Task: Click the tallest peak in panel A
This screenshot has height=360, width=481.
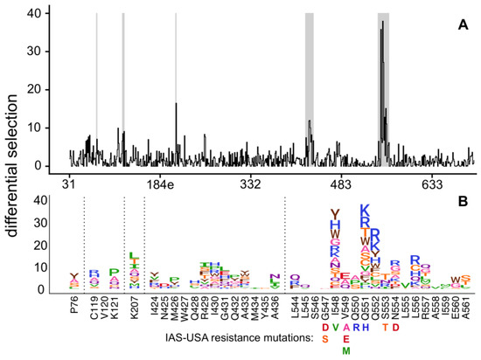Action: [x=381, y=24]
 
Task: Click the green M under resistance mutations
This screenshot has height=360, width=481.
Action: [x=346, y=350]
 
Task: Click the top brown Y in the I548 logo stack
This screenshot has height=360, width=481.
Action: [x=335, y=214]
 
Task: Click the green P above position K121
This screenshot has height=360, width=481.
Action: [x=114, y=273]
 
